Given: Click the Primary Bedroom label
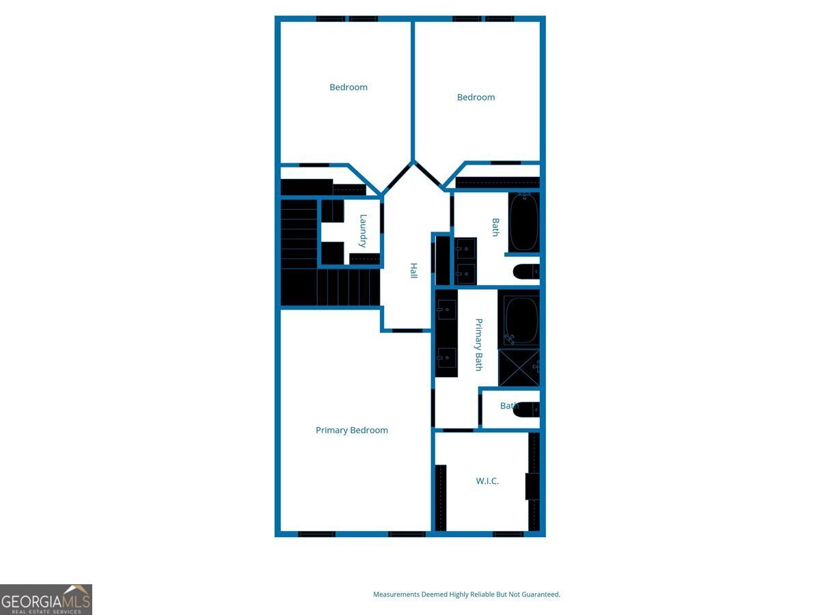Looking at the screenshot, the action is pyautogui.click(x=351, y=430).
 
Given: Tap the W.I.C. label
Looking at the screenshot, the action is pyautogui.click(x=487, y=481).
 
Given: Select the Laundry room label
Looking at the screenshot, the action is pyautogui.click(x=363, y=231).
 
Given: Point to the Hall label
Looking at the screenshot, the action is pyautogui.click(x=413, y=271).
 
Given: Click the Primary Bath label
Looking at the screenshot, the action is pyautogui.click(x=478, y=344).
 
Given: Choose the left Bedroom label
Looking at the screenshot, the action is pyautogui.click(x=348, y=87).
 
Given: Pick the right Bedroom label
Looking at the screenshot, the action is pyautogui.click(x=476, y=98).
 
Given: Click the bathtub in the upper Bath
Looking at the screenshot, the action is pyautogui.click(x=523, y=222).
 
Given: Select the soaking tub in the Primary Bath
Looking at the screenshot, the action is pyautogui.click(x=519, y=320).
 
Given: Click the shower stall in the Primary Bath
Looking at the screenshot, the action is pyautogui.click(x=519, y=368).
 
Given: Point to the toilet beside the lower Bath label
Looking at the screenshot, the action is pyautogui.click(x=527, y=409).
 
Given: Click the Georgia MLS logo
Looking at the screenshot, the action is pyautogui.click(x=46, y=599).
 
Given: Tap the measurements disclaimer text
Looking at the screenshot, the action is pyautogui.click(x=467, y=594).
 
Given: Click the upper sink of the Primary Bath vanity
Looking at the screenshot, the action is pyautogui.click(x=446, y=310).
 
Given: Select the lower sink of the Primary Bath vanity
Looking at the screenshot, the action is pyautogui.click(x=446, y=357).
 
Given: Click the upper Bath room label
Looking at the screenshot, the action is pyautogui.click(x=495, y=228).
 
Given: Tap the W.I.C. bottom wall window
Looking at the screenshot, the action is pyautogui.click(x=508, y=534).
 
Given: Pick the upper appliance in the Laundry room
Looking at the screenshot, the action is pyautogui.click(x=333, y=211).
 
